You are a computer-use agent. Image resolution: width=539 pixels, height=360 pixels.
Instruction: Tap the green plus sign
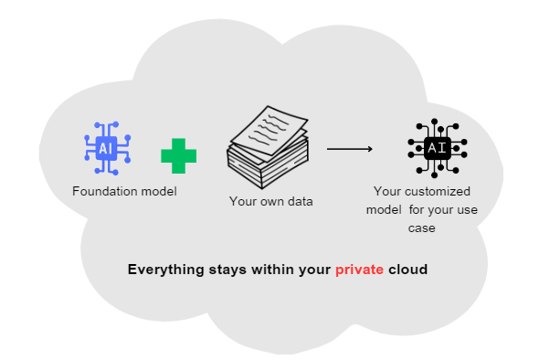click(179, 155)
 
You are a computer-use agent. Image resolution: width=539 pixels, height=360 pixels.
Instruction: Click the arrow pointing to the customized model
click(350, 148)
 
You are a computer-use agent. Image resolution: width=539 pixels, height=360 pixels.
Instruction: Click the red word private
click(359, 270)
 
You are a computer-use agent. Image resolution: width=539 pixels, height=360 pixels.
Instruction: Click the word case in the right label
click(421, 228)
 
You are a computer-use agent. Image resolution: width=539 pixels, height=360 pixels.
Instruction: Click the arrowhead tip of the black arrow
click(370, 148)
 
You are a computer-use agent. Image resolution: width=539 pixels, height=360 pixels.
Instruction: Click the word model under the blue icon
click(158, 192)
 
